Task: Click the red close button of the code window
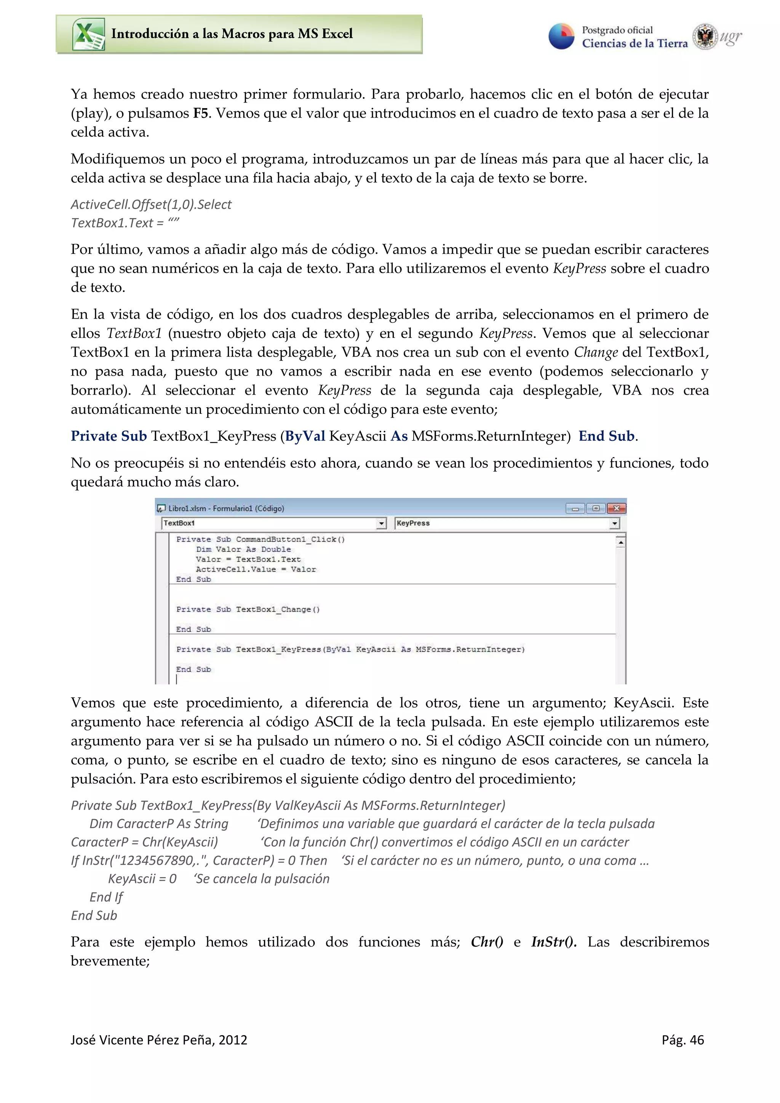(616, 508)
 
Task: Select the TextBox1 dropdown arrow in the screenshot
(381, 523)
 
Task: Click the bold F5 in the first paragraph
(200, 113)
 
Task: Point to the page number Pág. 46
(682, 1040)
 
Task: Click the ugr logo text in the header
(730, 37)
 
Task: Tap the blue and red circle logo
(561, 37)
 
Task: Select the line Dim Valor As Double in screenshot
(243, 549)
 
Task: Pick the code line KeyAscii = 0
(142, 879)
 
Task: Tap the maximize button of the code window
(596, 508)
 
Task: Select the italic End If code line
(106, 897)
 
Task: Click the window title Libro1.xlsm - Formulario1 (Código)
(226, 508)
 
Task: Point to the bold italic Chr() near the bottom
(486, 942)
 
